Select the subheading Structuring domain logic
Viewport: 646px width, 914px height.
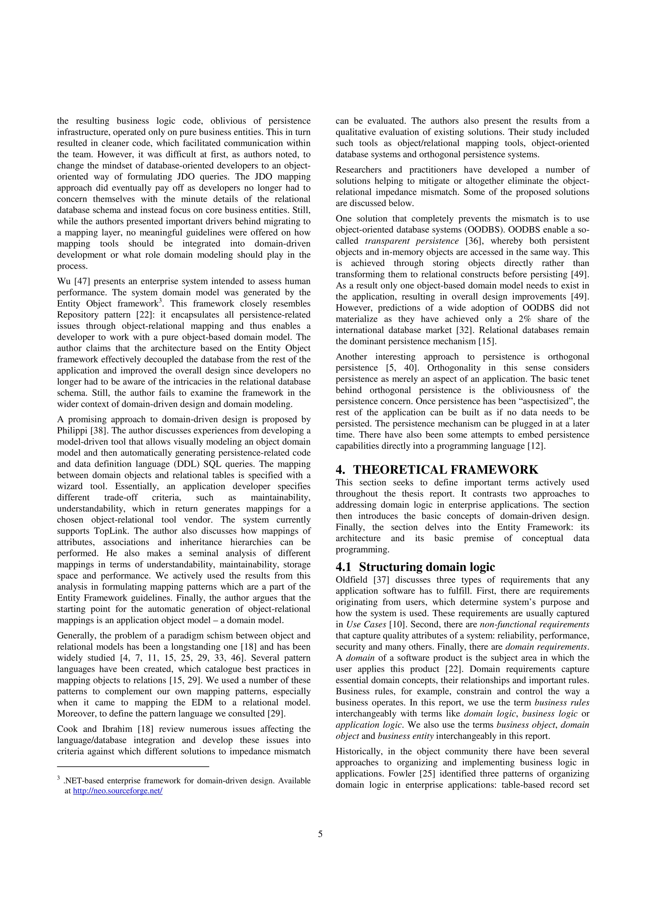click(427, 567)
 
